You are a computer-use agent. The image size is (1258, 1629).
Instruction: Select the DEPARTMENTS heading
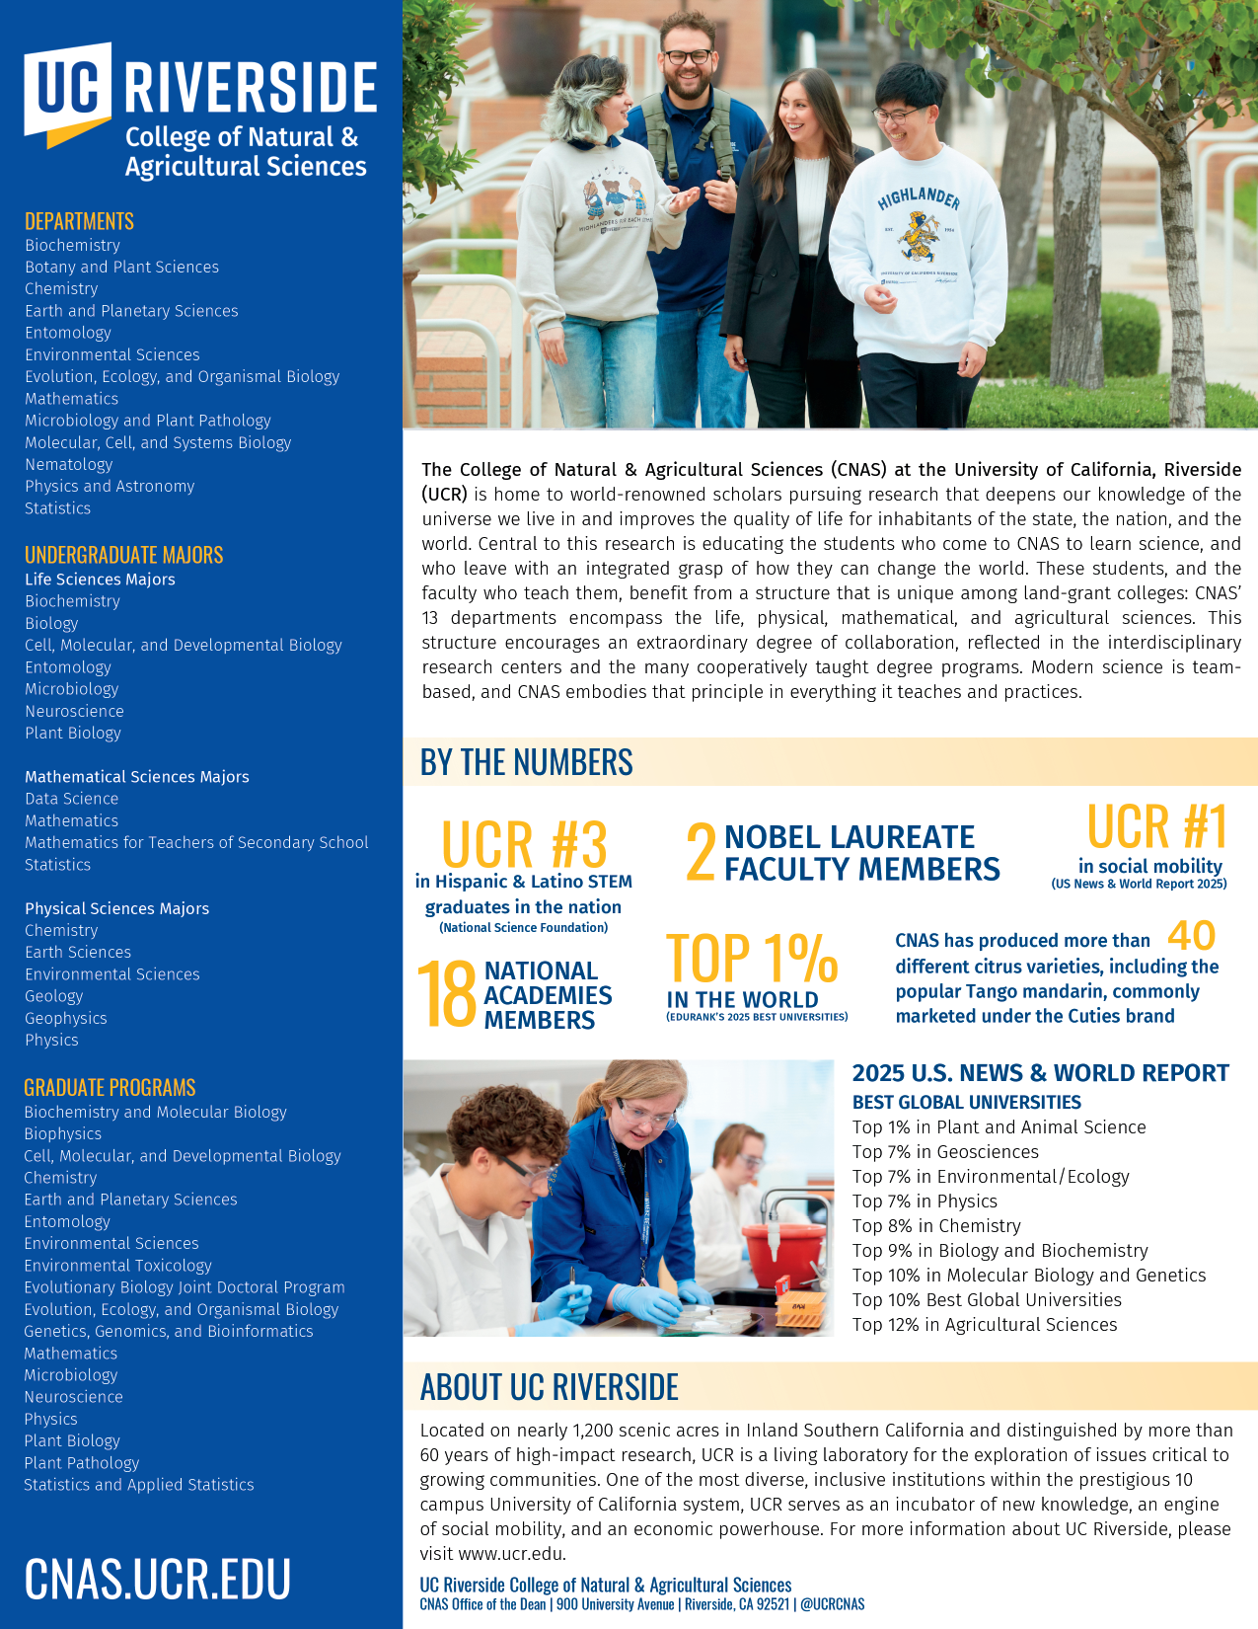point(79,221)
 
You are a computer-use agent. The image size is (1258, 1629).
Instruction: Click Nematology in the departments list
point(69,464)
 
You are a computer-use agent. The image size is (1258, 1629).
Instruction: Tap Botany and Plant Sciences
point(121,267)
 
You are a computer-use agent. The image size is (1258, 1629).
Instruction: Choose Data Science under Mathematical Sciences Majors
point(71,799)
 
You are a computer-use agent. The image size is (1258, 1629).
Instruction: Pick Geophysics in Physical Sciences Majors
point(65,1018)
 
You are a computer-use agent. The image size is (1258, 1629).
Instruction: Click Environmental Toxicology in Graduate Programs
point(117,1265)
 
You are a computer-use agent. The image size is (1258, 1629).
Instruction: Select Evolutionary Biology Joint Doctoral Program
point(185,1287)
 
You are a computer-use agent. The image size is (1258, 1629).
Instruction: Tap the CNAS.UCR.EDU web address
point(157,1578)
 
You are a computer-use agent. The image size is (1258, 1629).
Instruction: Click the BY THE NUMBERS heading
point(526,762)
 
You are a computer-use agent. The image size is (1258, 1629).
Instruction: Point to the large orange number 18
point(447,995)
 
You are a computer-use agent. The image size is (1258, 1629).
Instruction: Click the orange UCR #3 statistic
point(523,844)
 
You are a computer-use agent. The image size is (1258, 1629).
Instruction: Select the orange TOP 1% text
point(752,958)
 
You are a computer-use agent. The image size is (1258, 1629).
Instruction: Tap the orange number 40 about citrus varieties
point(1191,935)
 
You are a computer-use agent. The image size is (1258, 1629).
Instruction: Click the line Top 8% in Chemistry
point(936,1226)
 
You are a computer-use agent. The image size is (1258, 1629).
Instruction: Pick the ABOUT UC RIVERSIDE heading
point(549,1387)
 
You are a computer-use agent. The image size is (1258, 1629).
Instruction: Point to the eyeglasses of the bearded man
point(687,56)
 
